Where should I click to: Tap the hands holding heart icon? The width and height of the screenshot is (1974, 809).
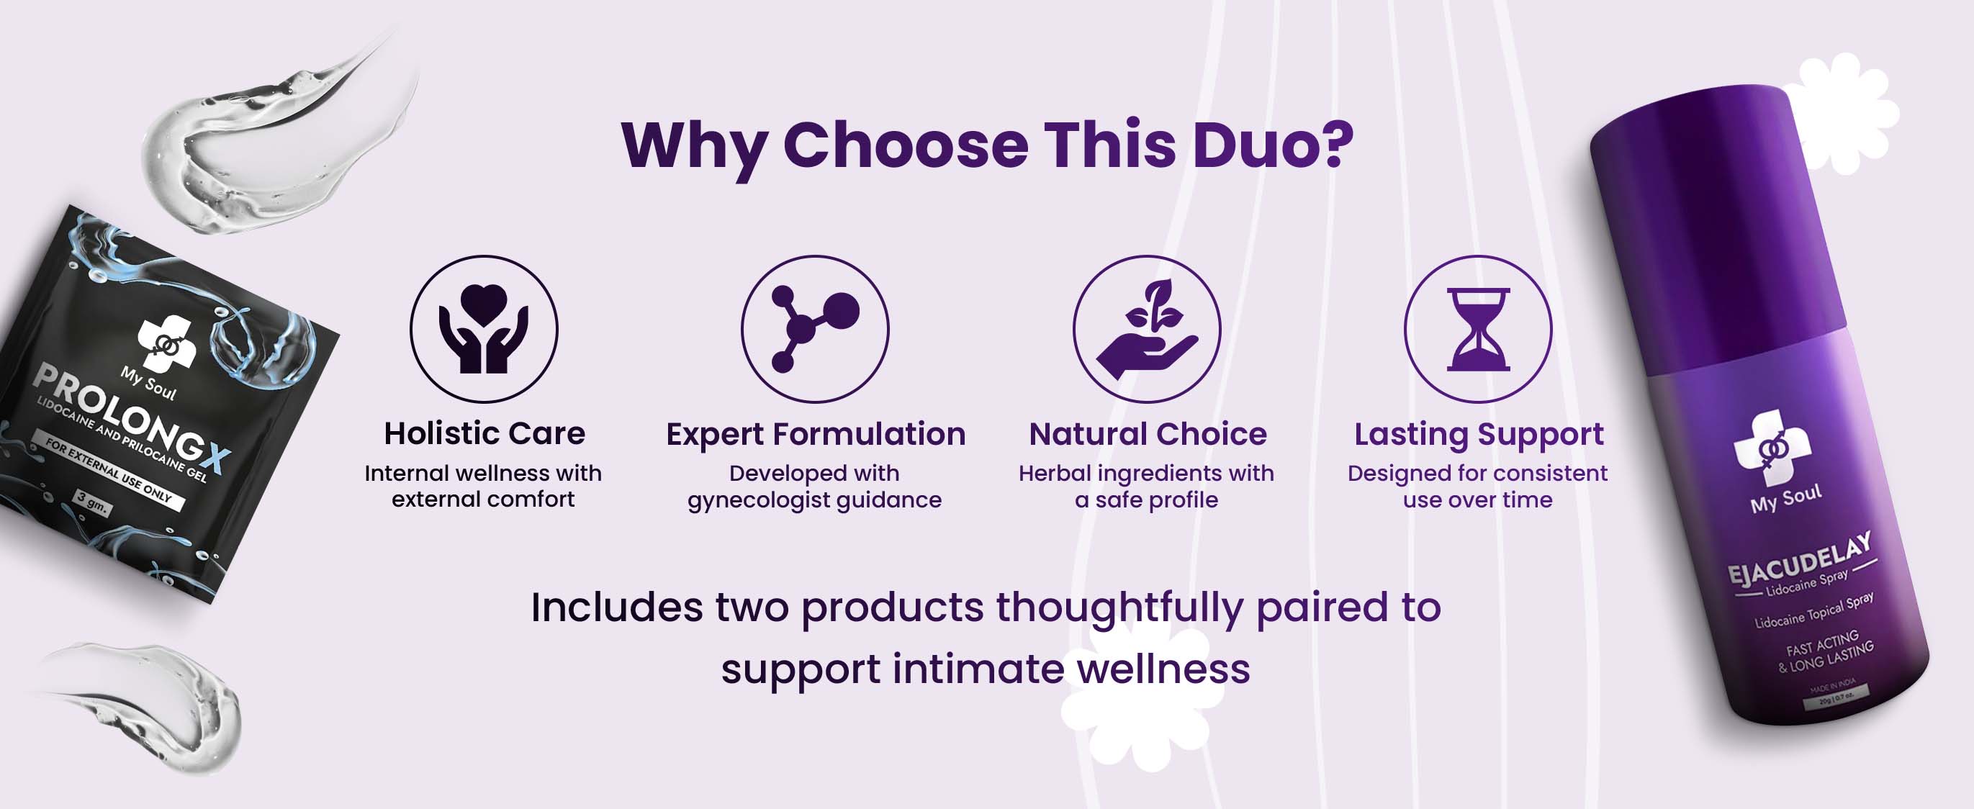pyautogui.click(x=484, y=329)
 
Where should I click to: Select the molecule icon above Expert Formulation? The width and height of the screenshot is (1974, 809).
pyautogui.click(x=815, y=329)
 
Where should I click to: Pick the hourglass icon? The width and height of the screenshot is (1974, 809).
pyautogui.click(x=1478, y=329)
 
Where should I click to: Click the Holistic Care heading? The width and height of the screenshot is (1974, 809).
pyautogui.click(x=485, y=433)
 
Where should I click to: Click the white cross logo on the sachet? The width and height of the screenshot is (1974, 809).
pyautogui.click(x=167, y=343)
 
